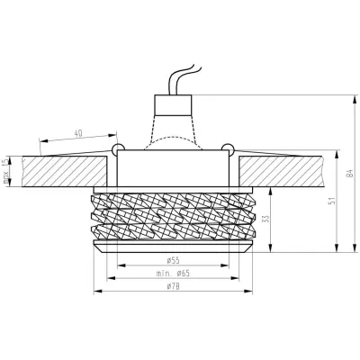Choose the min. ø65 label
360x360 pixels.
[x=171, y=271]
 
